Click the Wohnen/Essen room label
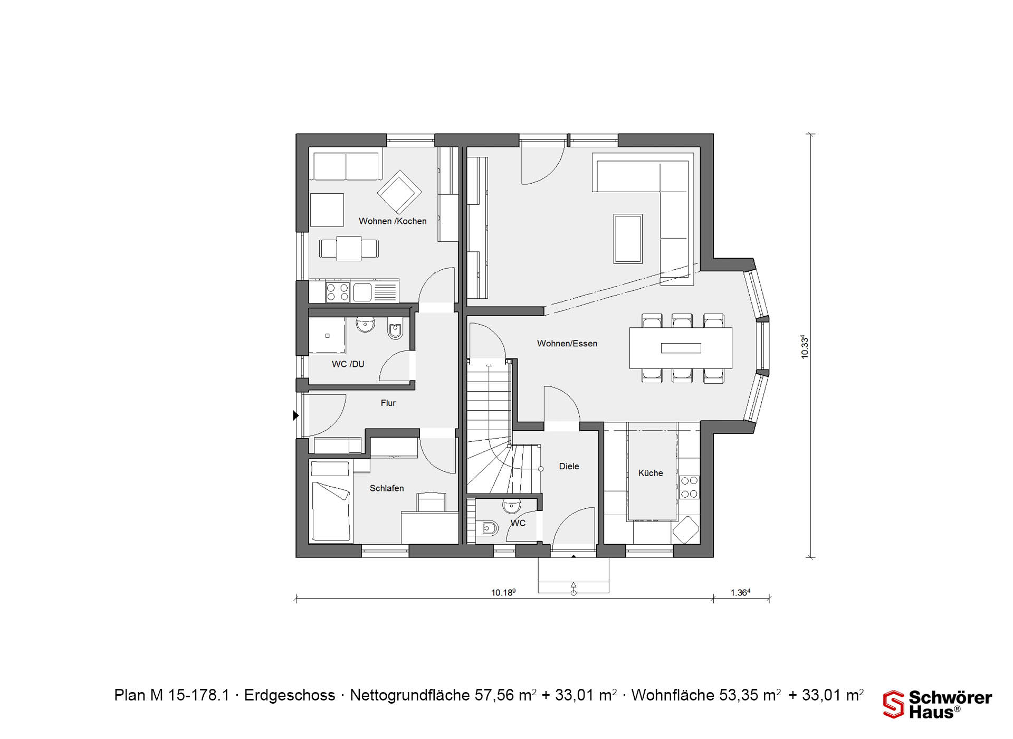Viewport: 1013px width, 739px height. pos(567,344)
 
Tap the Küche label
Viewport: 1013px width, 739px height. pos(651,473)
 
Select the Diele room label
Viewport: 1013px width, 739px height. pos(569,466)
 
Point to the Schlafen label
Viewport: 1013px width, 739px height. pos(387,488)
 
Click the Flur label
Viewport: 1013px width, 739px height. pos(388,403)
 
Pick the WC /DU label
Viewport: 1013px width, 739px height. pos(348,364)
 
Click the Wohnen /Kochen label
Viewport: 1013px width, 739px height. pos(393,221)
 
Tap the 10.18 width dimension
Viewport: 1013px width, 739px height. pos(503,592)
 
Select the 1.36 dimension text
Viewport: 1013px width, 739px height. pos(740,592)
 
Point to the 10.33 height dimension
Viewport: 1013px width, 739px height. pos(805,347)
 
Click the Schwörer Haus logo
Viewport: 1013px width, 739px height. pos(938,704)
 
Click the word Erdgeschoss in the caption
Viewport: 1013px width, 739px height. pos(290,695)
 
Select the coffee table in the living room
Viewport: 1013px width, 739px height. pos(628,239)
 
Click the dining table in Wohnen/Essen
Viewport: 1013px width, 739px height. pos(681,348)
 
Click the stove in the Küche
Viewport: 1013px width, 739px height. pos(689,487)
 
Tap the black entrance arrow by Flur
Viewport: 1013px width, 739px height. pos(296,416)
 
